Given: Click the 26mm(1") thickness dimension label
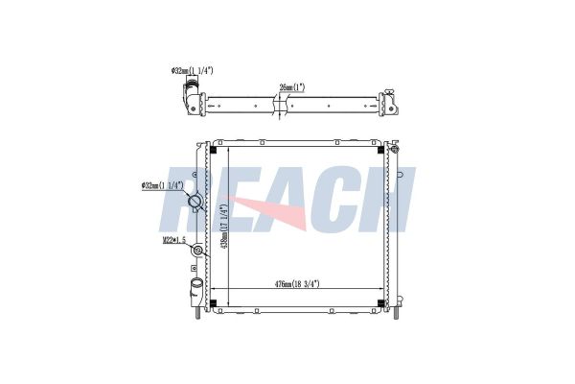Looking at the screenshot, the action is click(x=292, y=87).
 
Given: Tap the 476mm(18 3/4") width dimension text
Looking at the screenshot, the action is click(x=297, y=284).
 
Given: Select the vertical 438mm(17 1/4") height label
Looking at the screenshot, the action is click(x=224, y=226).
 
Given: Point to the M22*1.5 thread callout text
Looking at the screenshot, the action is click(x=174, y=240).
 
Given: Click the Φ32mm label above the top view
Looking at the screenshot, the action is click(x=192, y=70).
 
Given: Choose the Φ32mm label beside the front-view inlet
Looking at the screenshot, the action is click(x=162, y=185).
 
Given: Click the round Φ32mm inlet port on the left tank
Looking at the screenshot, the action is click(x=194, y=202).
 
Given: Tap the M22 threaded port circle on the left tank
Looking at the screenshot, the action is click(x=197, y=251).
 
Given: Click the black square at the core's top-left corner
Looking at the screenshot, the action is click(x=213, y=151).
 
